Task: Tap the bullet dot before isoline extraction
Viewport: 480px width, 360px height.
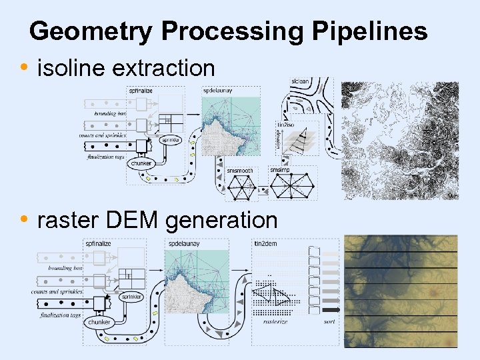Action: point(25,67)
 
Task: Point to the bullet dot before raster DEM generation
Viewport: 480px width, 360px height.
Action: point(25,219)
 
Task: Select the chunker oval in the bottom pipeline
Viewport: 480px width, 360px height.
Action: point(96,322)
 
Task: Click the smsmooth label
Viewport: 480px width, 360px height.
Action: point(240,171)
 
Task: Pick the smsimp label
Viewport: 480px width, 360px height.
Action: point(279,170)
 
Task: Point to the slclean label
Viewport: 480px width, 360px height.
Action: point(300,81)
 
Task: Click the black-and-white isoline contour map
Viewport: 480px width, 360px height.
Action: point(399,141)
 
